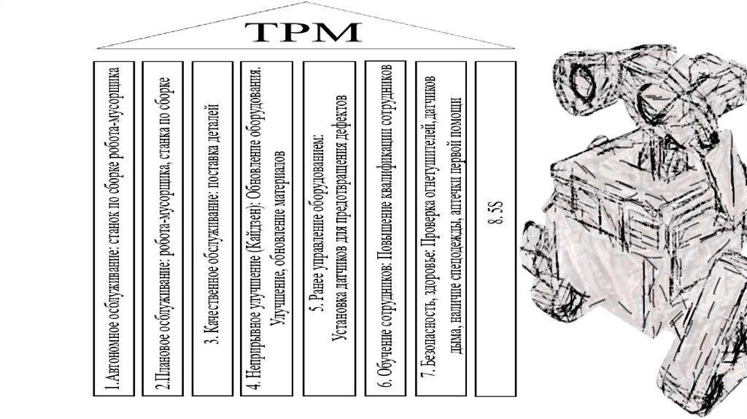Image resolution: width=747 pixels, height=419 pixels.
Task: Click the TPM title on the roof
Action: click(x=302, y=32)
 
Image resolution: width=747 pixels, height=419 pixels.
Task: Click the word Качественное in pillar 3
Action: click(x=212, y=307)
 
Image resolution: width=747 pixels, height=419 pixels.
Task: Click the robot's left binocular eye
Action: click(x=580, y=80)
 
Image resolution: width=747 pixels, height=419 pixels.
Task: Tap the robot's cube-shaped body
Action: click(x=620, y=219)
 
